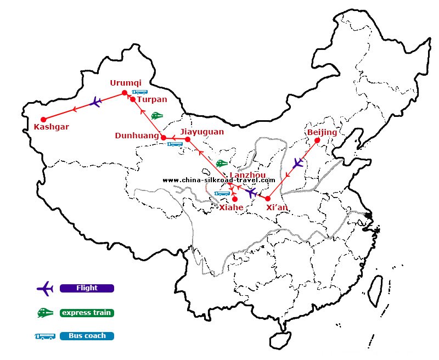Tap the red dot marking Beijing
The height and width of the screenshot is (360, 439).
point(317,140)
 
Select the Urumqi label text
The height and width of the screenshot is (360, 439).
point(125,83)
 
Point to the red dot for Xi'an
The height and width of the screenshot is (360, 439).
point(268,199)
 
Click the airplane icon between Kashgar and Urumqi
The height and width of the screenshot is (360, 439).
point(95,102)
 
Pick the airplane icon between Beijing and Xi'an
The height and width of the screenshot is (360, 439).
point(297,163)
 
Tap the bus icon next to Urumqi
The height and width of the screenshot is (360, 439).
point(139,92)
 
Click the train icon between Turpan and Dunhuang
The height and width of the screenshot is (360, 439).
point(157,116)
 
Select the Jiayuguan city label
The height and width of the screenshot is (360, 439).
point(202,132)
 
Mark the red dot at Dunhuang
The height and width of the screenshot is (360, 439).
point(163,137)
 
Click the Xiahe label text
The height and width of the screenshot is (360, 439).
point(232,208)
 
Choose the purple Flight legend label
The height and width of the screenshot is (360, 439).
point(87,288)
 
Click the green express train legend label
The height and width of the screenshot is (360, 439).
point(87,313)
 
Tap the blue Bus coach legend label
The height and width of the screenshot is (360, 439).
point(87,336)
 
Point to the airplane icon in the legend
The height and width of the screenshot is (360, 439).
point(44,288)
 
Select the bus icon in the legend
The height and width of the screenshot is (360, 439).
point(45,336)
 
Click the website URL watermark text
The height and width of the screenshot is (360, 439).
point(219,180)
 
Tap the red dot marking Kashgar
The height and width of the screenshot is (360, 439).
point(43,119)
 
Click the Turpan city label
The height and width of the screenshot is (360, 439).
point(152,100)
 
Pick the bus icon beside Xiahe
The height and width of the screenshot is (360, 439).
point(222,193)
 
